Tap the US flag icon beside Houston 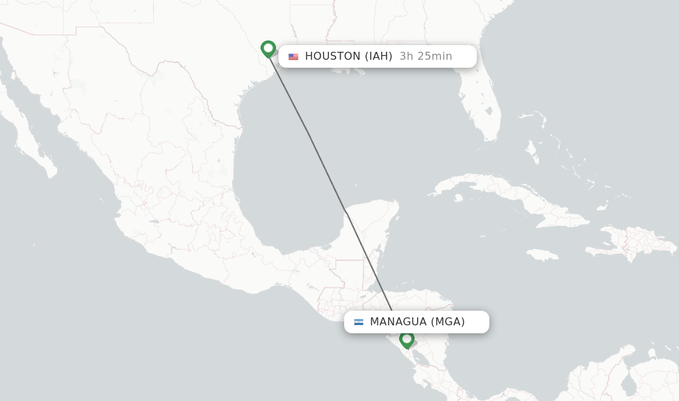pos(293,56)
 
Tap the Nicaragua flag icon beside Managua pos(359,322)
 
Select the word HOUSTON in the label pos(333,56)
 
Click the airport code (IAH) pos(378,56)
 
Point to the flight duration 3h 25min pos(426,56)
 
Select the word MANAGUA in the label pos(398,322)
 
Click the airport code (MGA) pos(448,322)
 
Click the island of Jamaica pos(543,255)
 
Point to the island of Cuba pos(504,193)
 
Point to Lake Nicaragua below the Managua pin pos(420,359)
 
